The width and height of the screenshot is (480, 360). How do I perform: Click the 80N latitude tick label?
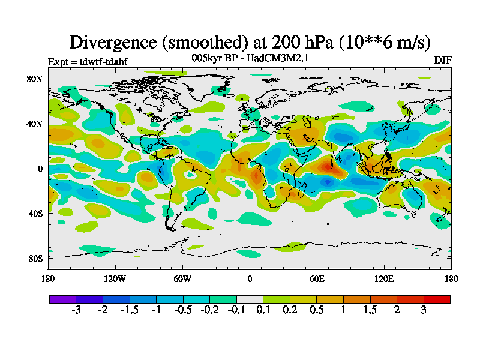[35, 79]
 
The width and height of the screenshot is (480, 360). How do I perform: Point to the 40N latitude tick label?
[35, 124]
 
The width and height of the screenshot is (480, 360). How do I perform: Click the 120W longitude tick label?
[115, 278]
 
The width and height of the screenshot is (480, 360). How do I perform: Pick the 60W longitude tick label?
[182, 278]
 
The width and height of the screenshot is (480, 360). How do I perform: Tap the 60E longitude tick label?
[317, 278]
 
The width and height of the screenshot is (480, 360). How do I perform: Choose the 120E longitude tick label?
[384, 278]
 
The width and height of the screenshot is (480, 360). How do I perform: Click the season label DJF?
[442, 61]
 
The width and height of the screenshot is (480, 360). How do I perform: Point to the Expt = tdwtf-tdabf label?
[88, 61]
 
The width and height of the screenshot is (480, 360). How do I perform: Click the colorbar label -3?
[76, 310]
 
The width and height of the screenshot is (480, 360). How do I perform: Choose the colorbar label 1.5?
[370, 310]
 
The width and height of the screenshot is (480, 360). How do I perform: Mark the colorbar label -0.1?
[236, 310]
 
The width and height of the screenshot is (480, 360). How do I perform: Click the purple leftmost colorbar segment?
[62, 299]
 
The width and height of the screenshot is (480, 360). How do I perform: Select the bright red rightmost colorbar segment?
[437, 299]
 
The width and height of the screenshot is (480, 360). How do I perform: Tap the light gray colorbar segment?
[250, 299]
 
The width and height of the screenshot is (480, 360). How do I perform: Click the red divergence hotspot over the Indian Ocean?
[328, 165]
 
